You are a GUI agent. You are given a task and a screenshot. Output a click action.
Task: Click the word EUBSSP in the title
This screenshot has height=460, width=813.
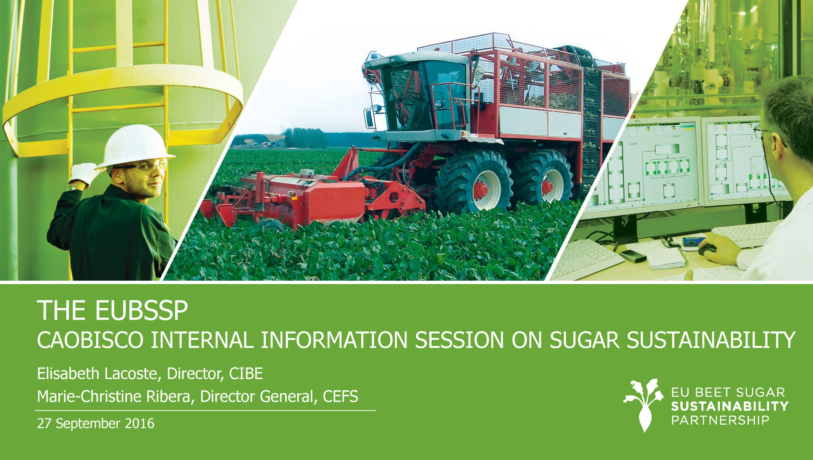[x=141, y=311]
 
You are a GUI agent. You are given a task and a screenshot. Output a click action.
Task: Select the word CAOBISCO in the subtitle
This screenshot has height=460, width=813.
[x=90, y=340]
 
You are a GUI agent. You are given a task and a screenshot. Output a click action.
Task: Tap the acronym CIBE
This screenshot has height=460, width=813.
[x=246, y=373]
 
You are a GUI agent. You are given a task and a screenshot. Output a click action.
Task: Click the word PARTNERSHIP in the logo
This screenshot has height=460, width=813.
[x=720, y=420]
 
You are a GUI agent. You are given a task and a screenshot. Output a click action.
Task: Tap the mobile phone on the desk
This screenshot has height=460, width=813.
[x=633, y=256]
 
